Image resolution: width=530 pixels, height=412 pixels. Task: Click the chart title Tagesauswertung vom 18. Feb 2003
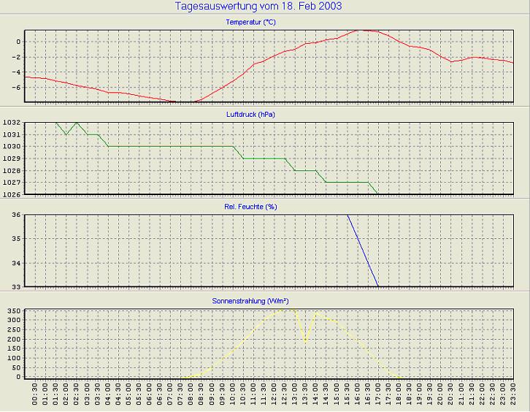coord(258,7)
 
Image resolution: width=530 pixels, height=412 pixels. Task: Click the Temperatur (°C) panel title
coord(250,23)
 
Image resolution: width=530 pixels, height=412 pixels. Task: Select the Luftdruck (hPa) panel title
coord(250,115)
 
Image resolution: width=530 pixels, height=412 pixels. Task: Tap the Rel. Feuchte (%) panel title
coord(250,207)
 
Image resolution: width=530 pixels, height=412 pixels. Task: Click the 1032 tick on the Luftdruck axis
coord(11,123)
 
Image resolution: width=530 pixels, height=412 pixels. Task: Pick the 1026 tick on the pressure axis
coord(11,194)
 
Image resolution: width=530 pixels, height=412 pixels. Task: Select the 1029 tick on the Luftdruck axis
coord(11,159)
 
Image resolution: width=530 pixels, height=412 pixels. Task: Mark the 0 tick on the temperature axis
coord(18,41)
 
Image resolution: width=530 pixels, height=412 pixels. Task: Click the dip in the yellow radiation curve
coord(305,340)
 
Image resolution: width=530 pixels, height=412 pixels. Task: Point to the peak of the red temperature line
coord(358,30)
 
